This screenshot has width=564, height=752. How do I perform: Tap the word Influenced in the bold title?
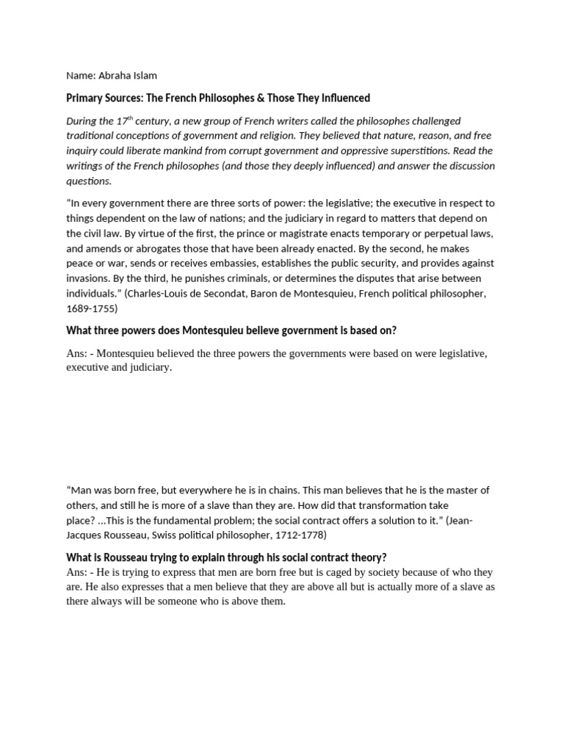click(x=344, y=98)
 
